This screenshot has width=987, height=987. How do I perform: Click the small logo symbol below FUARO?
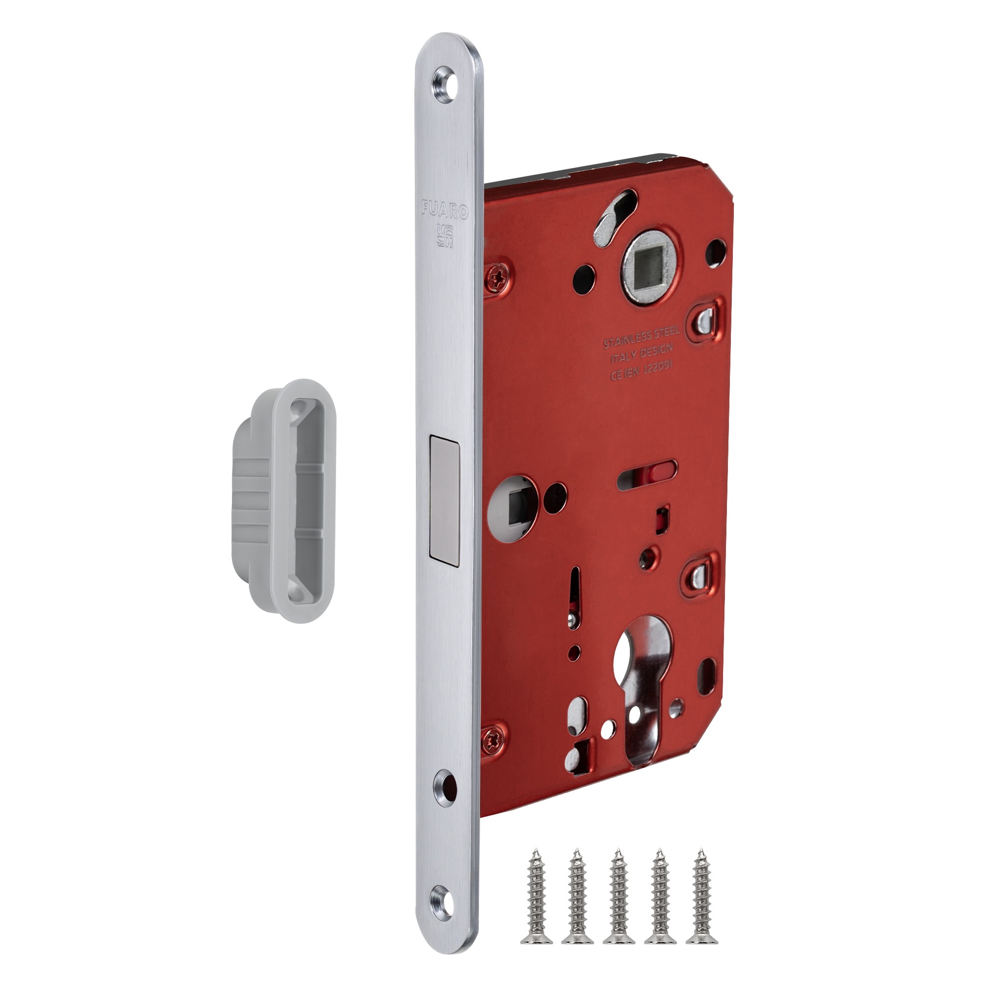point(444,236)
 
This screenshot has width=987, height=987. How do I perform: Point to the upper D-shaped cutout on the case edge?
point(707,318)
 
